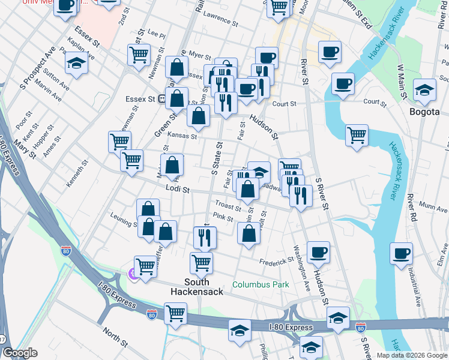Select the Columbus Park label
point(261,285)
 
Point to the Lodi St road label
point(177,190)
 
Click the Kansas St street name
point(182,136)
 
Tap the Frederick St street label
point(276,261)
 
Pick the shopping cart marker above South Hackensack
point(201,262)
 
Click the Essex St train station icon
point(162,100)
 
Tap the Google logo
point(20,353)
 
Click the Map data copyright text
point(412,355)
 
